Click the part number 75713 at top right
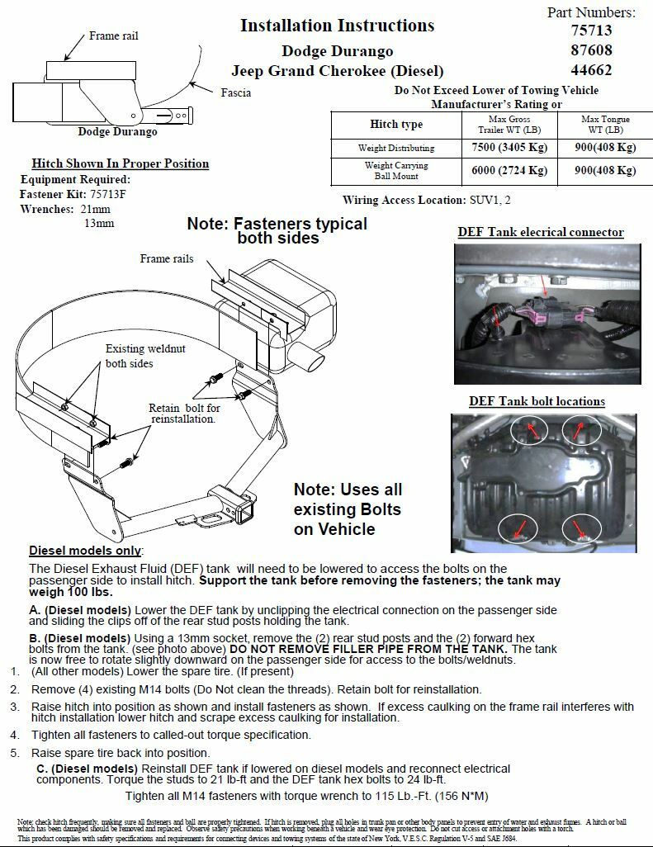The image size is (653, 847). (x=591, y=31)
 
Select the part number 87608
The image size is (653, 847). (x=591, y=50)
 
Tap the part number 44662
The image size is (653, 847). (x=591, y=70)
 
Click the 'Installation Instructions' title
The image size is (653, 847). (x=337, y=26)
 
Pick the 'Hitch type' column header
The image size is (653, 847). (x=395, y=125)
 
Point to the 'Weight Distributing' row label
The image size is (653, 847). (x=395, y=149)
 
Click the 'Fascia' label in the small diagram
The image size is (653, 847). (x=236, y=92)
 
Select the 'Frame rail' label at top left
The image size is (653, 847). (x=114, y=36)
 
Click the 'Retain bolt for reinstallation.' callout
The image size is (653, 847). (x=185, y=414)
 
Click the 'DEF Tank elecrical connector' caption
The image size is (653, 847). (x=541, y=233)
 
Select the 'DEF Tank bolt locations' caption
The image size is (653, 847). (x=537, y=401)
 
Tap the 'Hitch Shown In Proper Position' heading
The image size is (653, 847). (x=120, y=163)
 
